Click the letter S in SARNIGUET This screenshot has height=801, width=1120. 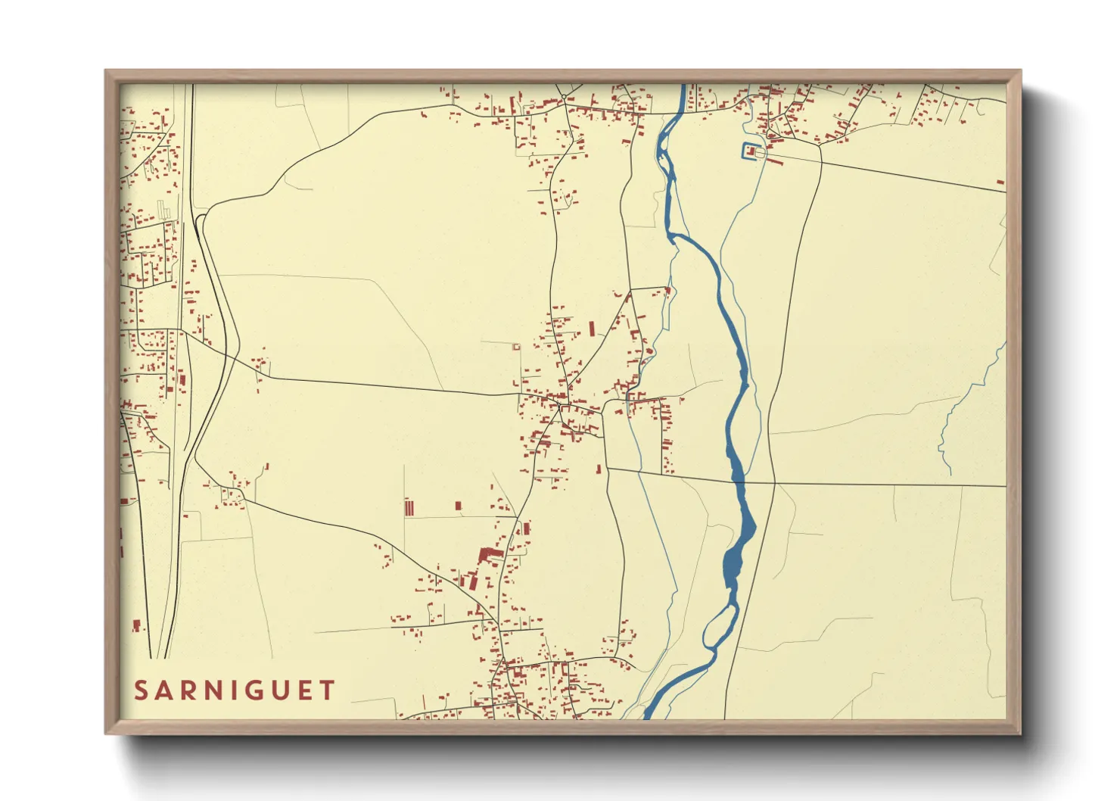pyautogui.click(x=142, y=690)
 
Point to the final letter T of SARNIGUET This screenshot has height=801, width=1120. pyautogui.click(x=327, y=690)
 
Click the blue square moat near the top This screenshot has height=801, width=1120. pyautogui.click(x=750, y=151)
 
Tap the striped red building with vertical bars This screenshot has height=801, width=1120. pyautogui.click(x=409, y=507)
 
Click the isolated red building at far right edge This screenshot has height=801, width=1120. pyautogui.click(x=1000, y=182)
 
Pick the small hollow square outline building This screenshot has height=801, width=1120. pyautogui.click(x=517, y=348)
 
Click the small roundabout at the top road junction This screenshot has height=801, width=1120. pyautogui.click(x=564, y=96)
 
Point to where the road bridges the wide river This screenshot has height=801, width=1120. pyautogui.click(x=739, y=482)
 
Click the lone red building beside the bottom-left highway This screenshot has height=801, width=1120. pyautogui.click(x=137, y=625)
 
